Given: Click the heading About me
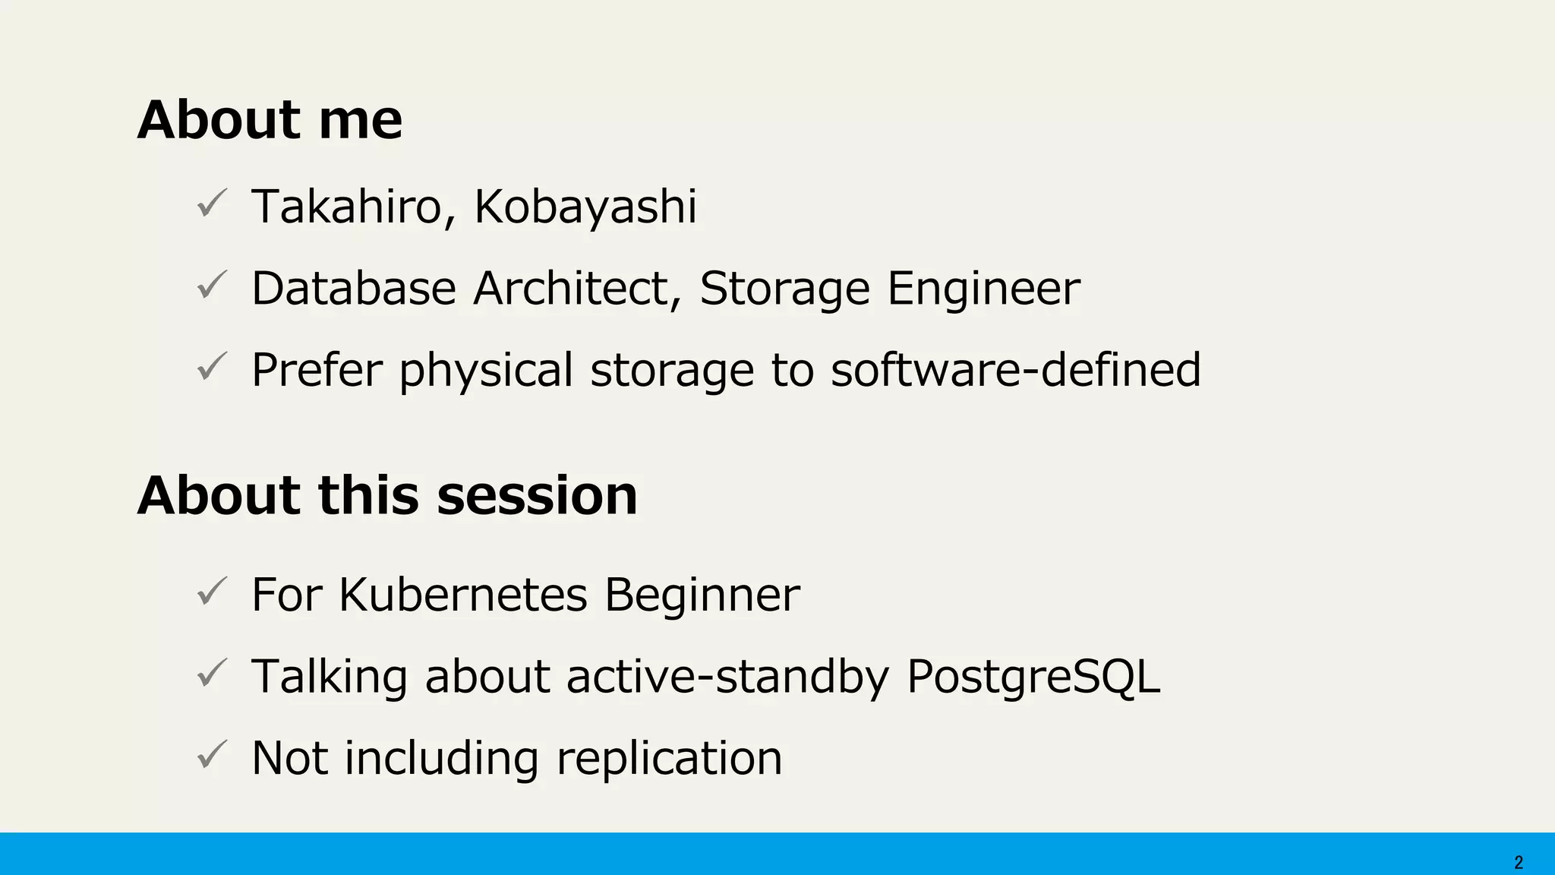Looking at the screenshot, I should pos(270,121).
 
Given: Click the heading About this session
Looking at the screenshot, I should pos(387,496).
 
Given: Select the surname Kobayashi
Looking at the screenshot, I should pos(585,207).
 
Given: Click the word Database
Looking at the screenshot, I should pos(354,289).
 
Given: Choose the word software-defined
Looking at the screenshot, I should pos(1015,370).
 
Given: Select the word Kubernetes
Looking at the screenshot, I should pos(463,595).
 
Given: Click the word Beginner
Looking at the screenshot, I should pos(702,595).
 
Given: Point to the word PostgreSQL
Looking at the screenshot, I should pos(1033,677).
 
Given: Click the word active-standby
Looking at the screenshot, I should pos(727,677).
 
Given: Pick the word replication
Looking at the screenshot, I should pos(669,759).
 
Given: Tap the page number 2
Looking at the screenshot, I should pos(1519,863).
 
